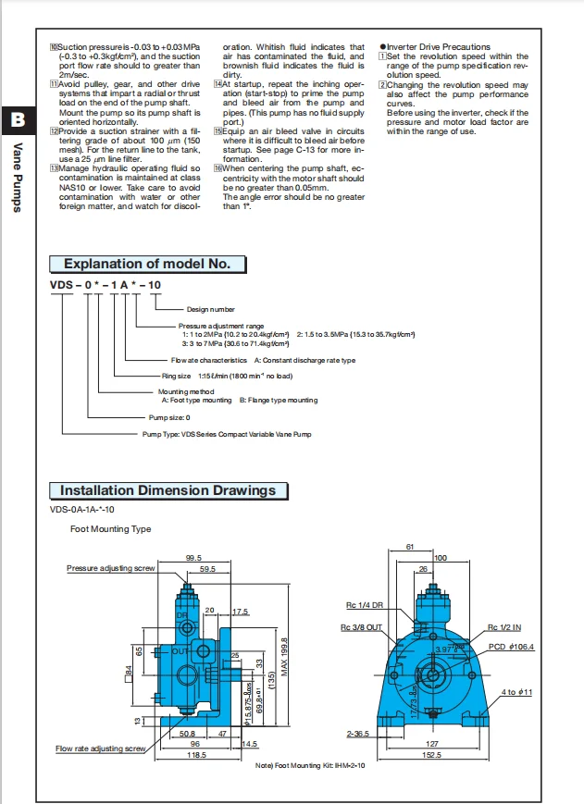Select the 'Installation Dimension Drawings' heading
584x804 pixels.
168,490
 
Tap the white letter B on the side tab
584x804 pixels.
17,119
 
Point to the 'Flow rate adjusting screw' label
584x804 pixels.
100,748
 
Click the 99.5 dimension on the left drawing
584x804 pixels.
193,558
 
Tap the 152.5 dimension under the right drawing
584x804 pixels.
433,755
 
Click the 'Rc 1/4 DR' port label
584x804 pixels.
364,607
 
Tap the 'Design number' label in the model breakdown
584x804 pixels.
210,309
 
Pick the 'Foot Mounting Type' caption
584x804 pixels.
110,529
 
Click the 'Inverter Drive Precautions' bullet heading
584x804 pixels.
438,47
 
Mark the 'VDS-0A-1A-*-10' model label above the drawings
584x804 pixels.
82,509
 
